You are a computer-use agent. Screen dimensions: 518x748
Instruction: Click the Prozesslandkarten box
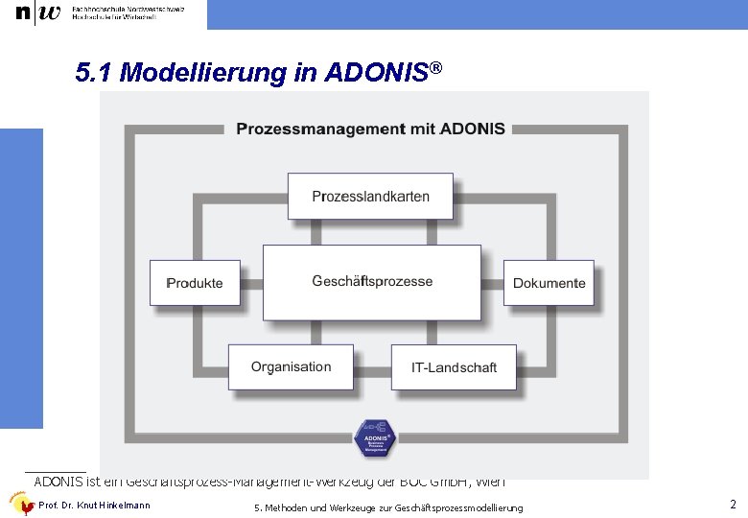click(370, 197)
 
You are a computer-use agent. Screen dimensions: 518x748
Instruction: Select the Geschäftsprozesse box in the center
click(372, 282)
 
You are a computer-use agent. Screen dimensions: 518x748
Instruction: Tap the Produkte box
click(195, 283)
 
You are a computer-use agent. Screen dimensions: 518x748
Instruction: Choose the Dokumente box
click(549, 283)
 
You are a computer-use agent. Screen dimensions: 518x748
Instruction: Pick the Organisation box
click(291, 366)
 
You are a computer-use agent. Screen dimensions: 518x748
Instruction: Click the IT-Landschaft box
click(454, 367)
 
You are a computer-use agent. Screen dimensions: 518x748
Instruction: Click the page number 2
click(733, 505)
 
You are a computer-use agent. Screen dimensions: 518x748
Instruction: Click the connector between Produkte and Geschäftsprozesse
click(251, 283)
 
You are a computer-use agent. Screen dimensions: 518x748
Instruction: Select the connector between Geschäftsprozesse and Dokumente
click(492, 283)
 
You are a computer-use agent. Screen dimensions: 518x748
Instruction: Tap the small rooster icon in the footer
click(21, 505)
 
